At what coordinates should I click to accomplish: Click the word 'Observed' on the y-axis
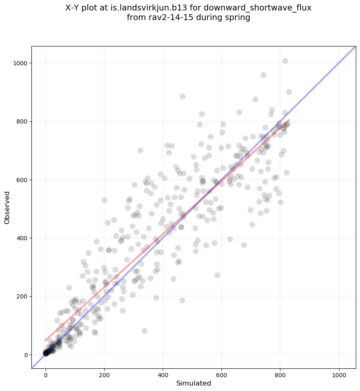7,208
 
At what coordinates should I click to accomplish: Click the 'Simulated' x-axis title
193,383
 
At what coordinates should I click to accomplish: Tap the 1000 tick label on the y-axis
21,63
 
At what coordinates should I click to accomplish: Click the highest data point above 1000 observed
285,61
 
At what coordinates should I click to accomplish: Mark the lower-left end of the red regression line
45,340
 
